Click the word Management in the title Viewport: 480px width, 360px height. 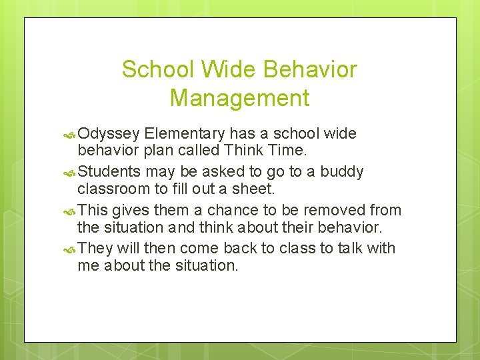239,98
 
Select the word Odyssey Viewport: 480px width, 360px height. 111,133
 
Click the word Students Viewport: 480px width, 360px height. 109,171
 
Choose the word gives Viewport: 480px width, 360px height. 131,210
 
